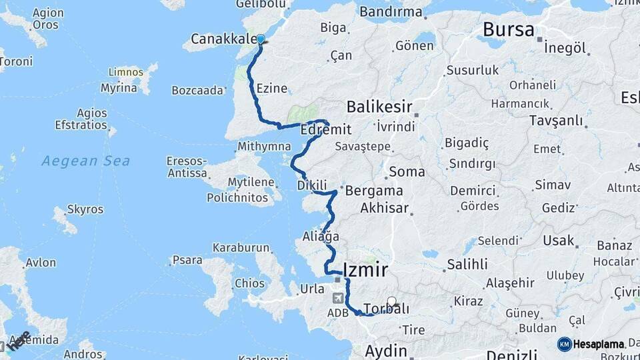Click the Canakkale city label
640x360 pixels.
223,39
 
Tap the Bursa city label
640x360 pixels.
508,30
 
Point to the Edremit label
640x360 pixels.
325,130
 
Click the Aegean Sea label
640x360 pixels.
85,161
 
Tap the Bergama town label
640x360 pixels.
373,191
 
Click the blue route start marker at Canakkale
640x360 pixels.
261,39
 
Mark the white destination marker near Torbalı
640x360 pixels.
392,301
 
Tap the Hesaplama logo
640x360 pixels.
591,344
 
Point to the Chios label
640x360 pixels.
249,283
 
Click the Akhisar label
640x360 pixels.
384,208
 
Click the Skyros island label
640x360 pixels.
85,210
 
